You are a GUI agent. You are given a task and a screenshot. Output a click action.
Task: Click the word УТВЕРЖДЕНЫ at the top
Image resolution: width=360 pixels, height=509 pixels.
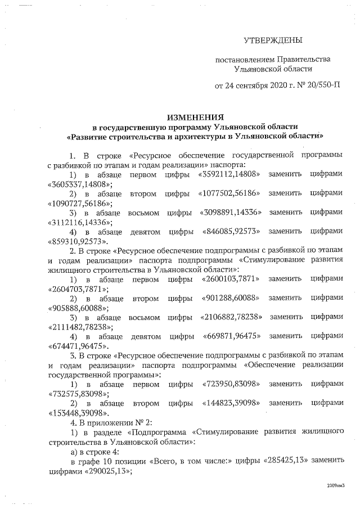point(273,40)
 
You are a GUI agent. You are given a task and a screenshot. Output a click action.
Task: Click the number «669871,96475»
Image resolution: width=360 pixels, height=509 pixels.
point(232,337)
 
